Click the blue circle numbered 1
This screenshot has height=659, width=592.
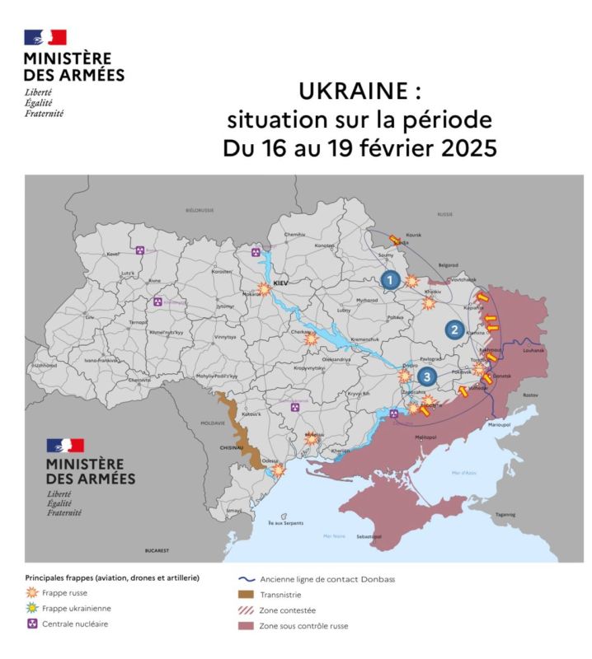tap(390, 280)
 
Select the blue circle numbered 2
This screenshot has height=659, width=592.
tap(453, 329)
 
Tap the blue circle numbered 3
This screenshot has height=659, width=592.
tap(426, 376)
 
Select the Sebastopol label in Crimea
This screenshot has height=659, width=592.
tap(368, 536)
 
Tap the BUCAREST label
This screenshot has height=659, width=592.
tap(156, 549)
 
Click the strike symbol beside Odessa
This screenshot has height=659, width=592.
tap(279, 471)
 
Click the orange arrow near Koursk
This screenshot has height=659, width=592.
tap(395, 240)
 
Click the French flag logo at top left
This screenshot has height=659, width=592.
tap(45, 37)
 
